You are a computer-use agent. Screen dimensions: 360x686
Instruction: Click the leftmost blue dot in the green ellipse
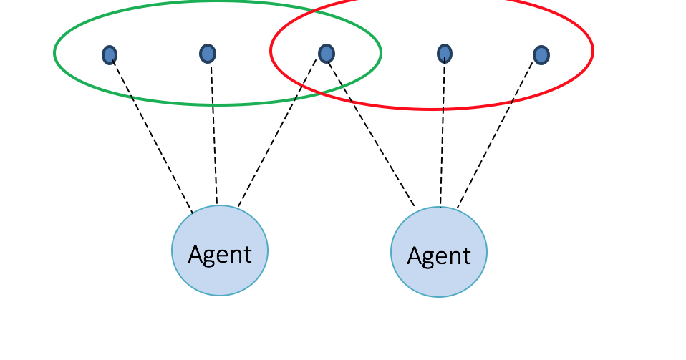(110, 54)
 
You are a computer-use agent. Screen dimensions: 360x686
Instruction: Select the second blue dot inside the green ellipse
(208, 53)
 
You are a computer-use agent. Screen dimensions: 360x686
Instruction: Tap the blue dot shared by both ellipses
(326, 53)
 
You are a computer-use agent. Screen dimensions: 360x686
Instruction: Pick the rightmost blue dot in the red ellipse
(541, 54)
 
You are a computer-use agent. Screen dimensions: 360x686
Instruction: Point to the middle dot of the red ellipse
(445, 53)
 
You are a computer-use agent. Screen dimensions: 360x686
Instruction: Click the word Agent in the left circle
(220, 254)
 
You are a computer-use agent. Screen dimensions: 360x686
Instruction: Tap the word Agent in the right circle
(439, 256)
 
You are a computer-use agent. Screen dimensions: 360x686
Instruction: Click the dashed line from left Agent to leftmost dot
(152, 136)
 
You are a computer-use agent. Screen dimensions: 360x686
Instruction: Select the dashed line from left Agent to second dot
(213, 136)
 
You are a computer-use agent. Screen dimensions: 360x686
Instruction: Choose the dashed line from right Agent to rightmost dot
(496, 132)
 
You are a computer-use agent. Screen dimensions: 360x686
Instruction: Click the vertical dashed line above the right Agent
(443, 132)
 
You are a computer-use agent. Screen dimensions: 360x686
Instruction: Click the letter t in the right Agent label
(467, 256)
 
